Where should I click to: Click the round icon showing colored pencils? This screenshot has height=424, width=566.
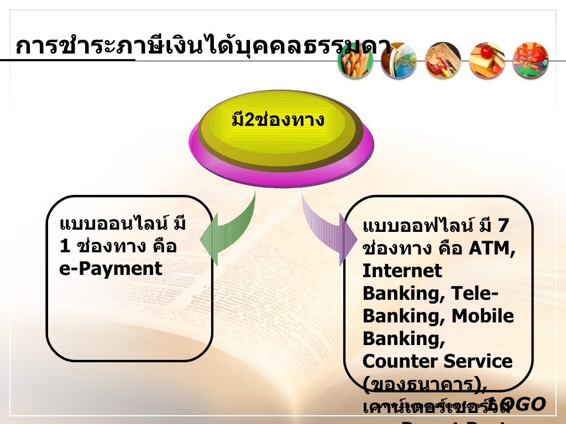pyautogui.click(x=355, y=60)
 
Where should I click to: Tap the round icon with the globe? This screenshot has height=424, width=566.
pyautogui.click(x=399, y=60)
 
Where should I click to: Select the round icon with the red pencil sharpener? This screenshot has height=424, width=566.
pyautogui.click(x=443, y=60)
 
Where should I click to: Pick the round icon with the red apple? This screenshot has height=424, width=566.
pyautogui.click(x=487, y=60)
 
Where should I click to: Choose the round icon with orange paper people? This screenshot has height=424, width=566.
pyautogui.click(x=531, y=60)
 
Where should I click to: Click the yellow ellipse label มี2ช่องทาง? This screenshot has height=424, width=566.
pyautogui.click(x=277, y=120)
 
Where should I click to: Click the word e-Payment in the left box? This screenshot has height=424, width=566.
pyautogui.click(x=111, y=269)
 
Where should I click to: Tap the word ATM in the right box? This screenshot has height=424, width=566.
pyautogui.click(x=492, y=249)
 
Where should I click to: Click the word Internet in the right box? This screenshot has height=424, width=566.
pyautogui.click(x=402, y=271)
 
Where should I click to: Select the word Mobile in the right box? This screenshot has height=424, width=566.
pyautogui.click(x=483, y=316)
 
